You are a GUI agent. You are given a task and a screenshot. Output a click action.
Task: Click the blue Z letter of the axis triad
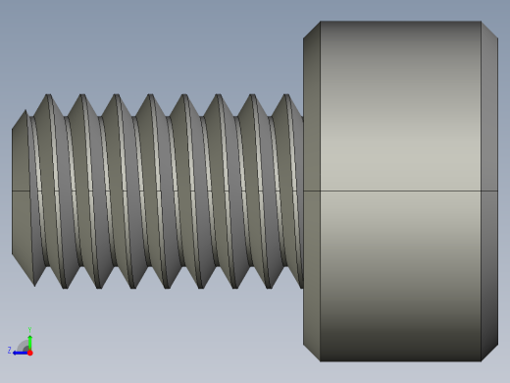(x=10, y=351)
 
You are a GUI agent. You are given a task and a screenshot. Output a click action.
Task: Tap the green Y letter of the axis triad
(x=29, y=331)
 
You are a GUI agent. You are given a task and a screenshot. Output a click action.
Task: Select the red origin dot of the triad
(x=29, y=352)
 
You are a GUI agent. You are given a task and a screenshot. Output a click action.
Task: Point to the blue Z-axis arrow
(x=19, y=352)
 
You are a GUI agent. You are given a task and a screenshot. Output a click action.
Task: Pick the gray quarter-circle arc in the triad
(x=23, y=344)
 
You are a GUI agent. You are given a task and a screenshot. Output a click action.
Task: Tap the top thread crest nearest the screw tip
(x=48, y=96)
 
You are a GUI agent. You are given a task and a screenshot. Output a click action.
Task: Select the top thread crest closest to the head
(x=287, y=96)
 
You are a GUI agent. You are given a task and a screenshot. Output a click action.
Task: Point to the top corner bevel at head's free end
(x=488, y=30)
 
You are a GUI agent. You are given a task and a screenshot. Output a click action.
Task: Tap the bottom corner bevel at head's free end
(x=488, y=352)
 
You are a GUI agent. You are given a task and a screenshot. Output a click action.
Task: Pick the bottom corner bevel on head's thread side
(x=312, y=351)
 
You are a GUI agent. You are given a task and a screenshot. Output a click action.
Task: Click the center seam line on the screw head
(x=402, y=191)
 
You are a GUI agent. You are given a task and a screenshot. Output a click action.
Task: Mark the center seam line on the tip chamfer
(x=20, y=191)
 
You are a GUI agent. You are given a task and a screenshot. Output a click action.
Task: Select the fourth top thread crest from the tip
(x=150, y=96)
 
